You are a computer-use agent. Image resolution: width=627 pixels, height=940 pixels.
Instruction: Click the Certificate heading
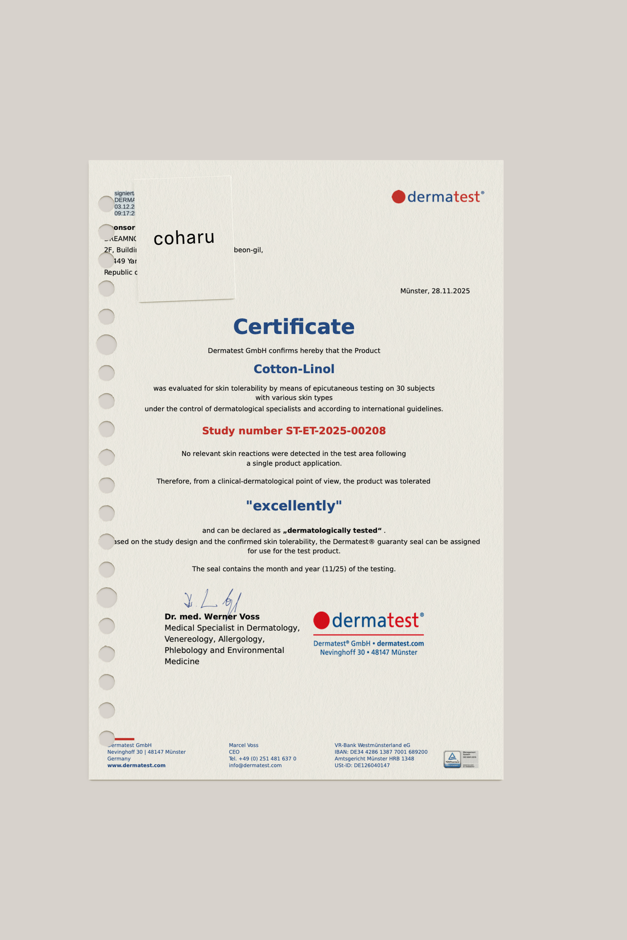coord(294,327)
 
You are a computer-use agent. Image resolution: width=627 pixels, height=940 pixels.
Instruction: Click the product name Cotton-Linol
coord(294,369)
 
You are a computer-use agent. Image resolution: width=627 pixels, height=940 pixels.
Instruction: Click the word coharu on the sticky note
coord(184,238)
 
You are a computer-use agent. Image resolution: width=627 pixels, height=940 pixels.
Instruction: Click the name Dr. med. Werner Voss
coord(212,617)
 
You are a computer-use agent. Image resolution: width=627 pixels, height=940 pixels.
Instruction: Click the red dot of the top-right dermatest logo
coord(398,197)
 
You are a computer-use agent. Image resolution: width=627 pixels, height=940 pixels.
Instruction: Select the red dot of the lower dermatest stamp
coord(321,620)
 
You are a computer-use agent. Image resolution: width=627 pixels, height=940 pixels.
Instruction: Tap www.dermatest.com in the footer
coord(136,765)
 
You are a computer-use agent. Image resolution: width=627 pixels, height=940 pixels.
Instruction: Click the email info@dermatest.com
coord(255,765)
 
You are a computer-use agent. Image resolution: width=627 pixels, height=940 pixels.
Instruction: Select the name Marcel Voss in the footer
coord(244,745)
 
